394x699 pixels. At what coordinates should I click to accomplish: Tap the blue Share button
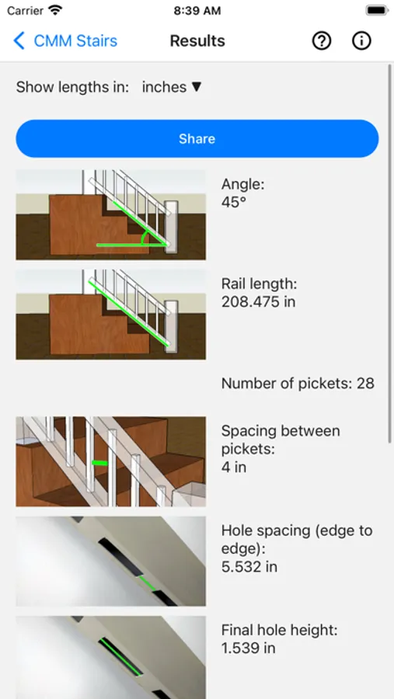coord(197,139)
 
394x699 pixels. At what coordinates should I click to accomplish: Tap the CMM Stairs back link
coord(65,41)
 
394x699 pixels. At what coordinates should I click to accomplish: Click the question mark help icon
coord(321,41)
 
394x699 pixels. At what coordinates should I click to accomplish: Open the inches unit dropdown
coord(172,87)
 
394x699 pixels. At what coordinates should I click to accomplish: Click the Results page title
coord(197,41)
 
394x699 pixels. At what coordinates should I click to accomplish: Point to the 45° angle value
coord(234,203)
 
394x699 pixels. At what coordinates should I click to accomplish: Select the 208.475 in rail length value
coord(258,302)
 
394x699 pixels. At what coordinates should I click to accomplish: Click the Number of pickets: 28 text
coord(298,384)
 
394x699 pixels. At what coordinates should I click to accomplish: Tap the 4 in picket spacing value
coord(234,468)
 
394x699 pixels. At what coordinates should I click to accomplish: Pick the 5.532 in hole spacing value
coord(249,567)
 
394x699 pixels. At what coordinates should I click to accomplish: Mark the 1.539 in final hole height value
coord(249,648)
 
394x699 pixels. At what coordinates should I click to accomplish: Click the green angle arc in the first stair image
coord(143,238)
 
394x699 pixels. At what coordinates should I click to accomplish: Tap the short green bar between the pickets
coord(100,463)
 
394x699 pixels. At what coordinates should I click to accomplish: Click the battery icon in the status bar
coord(377,10)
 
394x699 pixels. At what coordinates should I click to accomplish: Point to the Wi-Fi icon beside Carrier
coord(55,10)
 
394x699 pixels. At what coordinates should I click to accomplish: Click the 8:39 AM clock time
coord(197,11)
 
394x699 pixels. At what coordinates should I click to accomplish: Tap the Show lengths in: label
coord(72,87)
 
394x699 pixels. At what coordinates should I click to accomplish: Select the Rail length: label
coord(260,283)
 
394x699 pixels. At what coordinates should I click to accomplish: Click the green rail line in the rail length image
coord(130,312)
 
